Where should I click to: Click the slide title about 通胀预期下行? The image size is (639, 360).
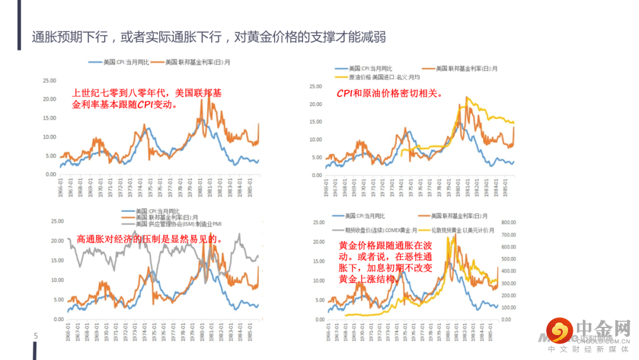tap(209, 37)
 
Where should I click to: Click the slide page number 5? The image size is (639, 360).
tap(35, 336)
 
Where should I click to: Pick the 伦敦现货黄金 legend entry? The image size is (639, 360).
tap(456, 230)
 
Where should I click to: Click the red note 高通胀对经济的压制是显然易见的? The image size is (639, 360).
tap(150, 239)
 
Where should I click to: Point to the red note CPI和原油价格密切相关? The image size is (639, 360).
tap(390, 93)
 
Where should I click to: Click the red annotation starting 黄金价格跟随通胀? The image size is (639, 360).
tap(385, 262)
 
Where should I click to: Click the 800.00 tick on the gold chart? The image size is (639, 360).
tap(510, 223)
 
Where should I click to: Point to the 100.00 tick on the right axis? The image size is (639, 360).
tap(510, 307)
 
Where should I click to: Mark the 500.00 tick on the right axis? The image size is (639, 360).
tap(510, 259)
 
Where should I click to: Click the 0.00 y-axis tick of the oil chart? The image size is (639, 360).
tap(315, 175)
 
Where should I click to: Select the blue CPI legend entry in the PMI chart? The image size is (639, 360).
tap(148, 211)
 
